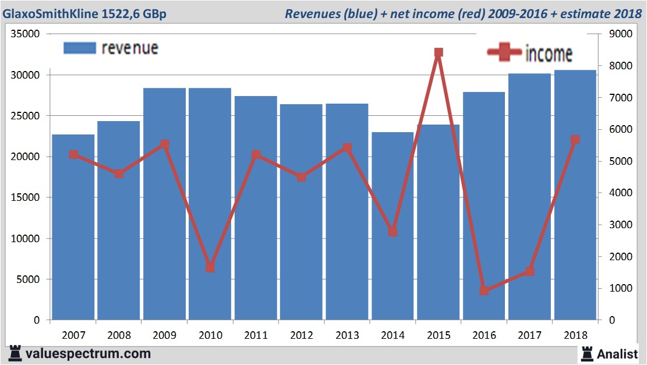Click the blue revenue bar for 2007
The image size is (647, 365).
point(73,227)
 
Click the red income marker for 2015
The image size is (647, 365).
point(439,53)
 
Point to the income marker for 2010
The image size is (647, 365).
point(210,268)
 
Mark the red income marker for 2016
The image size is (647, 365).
point(484,290)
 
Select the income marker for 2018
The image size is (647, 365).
point(575,140)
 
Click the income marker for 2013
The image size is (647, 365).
point(347,148)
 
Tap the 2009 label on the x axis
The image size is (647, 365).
point(165,335)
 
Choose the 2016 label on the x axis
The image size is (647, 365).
point(484,335)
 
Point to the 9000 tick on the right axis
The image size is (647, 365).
point(620,34)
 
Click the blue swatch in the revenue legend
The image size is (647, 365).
point(79,48)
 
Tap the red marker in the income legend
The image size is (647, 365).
point(504,52)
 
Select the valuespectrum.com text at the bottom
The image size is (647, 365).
point(88,353)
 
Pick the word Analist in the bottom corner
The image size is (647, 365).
point(617,354)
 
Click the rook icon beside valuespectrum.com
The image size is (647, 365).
point(15,353)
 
